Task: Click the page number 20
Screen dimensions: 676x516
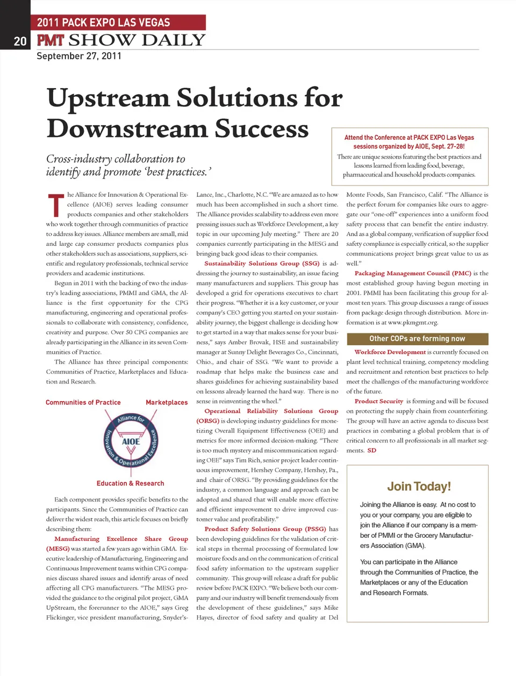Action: pyautogui.click(x=20, y=41)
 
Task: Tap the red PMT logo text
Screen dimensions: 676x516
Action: pyautogui.click(x=51, y=40)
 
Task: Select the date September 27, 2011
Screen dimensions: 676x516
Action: pyautogui.click(x=79, y=56)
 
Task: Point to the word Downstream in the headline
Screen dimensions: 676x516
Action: pyautogui.click(x=127, y=129)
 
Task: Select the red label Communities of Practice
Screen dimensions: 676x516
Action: pyautogui.click(x=83, y=402)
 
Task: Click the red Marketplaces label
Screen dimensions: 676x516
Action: pyautogui.click(x=167, y=402)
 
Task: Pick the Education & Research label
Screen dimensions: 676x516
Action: pyautogui.click(x=131, y=483)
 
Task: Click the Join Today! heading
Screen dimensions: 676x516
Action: pyautogui.click(x=419, y=487)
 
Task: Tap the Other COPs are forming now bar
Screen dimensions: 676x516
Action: pyautogui.click(x=417, y=339)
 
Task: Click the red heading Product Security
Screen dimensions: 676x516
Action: pyautogui.click(x=379, y=401)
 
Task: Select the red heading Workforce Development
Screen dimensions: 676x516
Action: pyautogui.click(x=390, y=352)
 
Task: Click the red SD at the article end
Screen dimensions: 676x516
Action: pyautogui.click(x=372, y=451)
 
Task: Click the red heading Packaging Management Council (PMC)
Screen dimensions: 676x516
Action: pyautogui.click(x=413, y=273)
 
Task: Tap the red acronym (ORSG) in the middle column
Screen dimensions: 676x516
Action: pyautogui.click(x=207, y=421)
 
